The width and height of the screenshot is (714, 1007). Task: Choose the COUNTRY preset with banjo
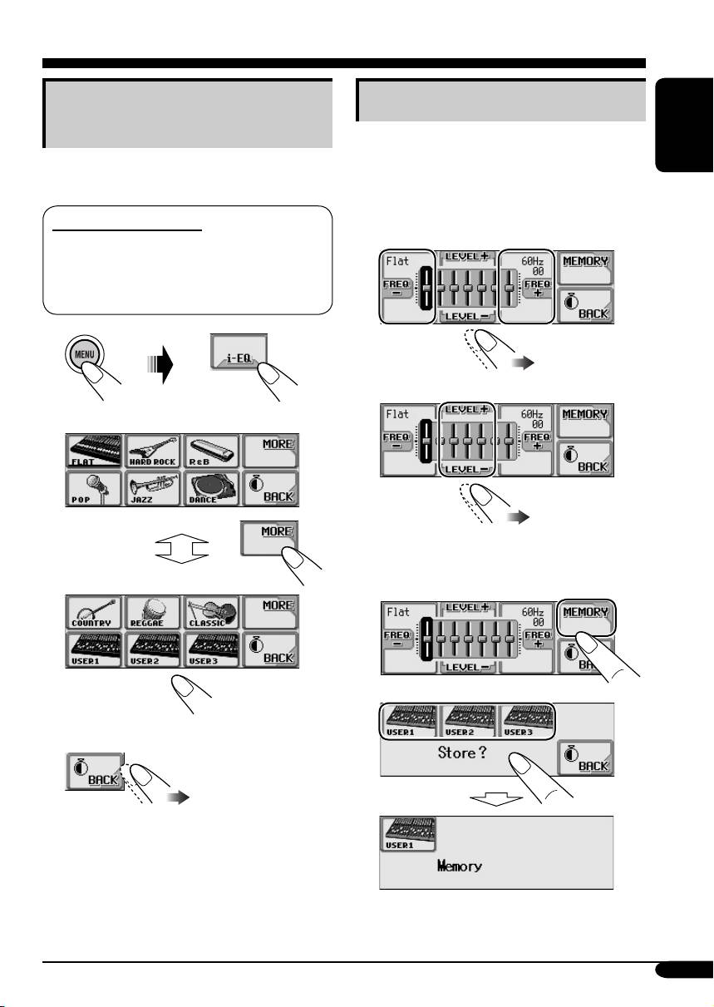[x=94, y=613]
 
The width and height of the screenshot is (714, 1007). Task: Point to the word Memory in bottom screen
[x=460, y=866]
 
